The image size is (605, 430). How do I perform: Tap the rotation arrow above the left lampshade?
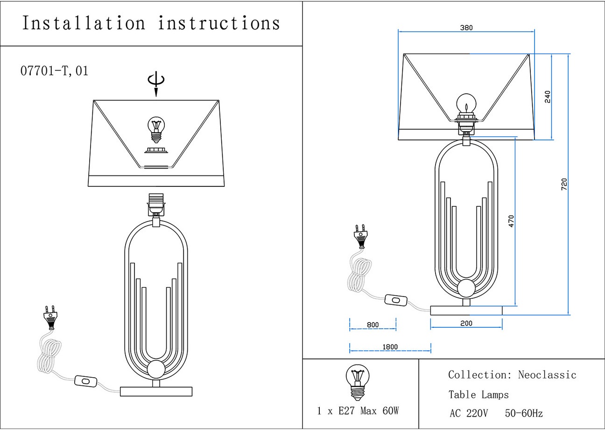(156, 83)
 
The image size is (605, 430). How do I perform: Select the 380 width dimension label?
(466, 28)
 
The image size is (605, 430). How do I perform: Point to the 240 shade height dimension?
(548, 97)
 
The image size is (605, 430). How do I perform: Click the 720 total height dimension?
(563, 184)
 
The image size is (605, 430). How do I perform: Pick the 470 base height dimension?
(511, 221)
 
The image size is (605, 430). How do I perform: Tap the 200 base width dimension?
(466, 323)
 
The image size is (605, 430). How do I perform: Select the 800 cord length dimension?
(373, 324)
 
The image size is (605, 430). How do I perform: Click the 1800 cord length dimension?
(390, 347)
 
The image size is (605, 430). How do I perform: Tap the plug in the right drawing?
(360, 236)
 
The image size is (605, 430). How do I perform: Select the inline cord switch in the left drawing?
(85, 381)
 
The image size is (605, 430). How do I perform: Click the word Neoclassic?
(547, 375)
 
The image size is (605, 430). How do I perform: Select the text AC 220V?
(469, 413)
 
